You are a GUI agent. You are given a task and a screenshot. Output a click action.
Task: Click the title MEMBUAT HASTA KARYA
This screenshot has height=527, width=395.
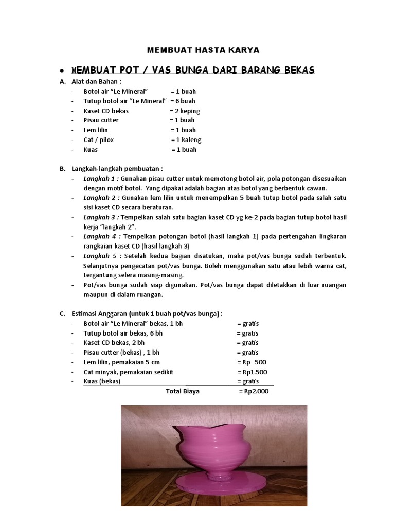(x=203, y=50)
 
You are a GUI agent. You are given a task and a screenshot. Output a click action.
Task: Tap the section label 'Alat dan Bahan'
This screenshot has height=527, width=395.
(x=96, y=82)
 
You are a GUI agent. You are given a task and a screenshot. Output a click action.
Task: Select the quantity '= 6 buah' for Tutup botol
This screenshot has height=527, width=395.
(x=183, y=101)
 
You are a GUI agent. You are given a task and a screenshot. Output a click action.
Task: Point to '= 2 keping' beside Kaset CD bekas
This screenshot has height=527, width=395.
(x=185, y=111)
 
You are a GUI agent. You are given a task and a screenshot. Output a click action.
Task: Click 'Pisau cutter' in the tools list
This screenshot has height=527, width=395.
(x=101, y=120)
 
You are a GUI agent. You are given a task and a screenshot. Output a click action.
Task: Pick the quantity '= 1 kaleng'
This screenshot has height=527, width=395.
(x=186, y=139)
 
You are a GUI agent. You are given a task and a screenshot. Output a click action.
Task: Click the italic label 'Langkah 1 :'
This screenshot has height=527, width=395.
(x=102, y=178)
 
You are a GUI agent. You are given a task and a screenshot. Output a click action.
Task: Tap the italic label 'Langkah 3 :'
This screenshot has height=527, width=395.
(x=102, y=217)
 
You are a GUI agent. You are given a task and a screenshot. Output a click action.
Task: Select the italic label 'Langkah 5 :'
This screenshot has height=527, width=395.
(x=102, y=256)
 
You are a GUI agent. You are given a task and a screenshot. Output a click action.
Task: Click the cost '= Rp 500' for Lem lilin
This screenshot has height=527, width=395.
(x=252, y=362)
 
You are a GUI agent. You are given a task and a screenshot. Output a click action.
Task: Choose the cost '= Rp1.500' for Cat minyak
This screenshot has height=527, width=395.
(x=253, y=372)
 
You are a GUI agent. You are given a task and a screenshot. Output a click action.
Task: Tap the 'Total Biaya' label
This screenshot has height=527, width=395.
(x=183, y=391)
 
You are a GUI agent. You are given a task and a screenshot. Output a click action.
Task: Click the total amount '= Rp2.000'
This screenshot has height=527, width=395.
(x=254, y=391)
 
